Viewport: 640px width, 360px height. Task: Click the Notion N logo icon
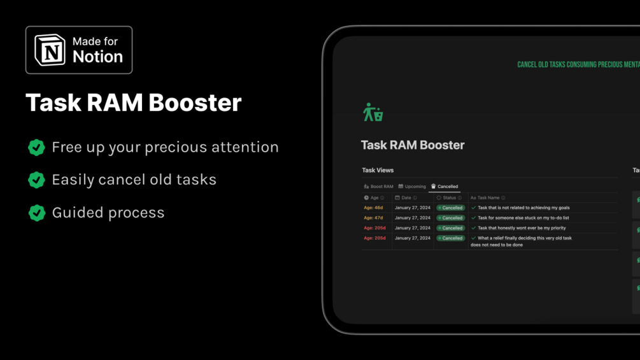point(50,50)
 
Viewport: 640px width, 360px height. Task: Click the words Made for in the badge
point(95,41)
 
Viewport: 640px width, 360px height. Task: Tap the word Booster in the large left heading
point(195,102)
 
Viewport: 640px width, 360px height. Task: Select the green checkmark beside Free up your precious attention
point(36,147)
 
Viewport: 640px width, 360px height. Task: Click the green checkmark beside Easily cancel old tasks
point(36,180)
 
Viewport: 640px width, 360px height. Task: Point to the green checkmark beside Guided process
point(36,213)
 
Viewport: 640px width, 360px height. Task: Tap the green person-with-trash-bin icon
point(373,112)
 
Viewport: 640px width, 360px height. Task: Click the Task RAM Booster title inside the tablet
point(413,145)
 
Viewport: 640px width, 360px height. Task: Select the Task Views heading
point(378,170)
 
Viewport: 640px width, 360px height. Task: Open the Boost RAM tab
point(378,187)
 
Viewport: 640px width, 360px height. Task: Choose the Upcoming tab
point(412,187)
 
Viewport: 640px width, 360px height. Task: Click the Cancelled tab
point(444,187)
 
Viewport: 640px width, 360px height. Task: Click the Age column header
point(374,198)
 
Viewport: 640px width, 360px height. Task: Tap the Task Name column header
point(488,198)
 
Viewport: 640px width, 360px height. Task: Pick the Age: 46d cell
point(373,208)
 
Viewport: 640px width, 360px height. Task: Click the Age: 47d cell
point(373,218)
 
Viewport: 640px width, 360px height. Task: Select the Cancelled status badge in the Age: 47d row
point(451,218)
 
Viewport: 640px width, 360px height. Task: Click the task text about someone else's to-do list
point(523,218)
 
